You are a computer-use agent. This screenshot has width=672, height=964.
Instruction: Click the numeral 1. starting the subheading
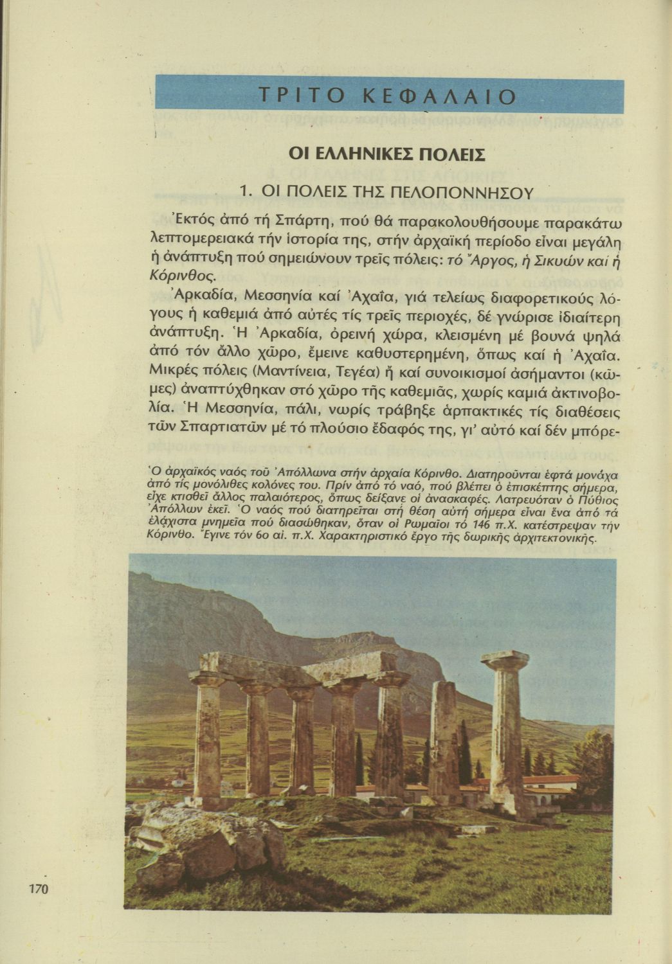[x=244, y=192]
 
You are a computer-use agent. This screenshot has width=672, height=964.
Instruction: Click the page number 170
[x=38, y=889]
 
